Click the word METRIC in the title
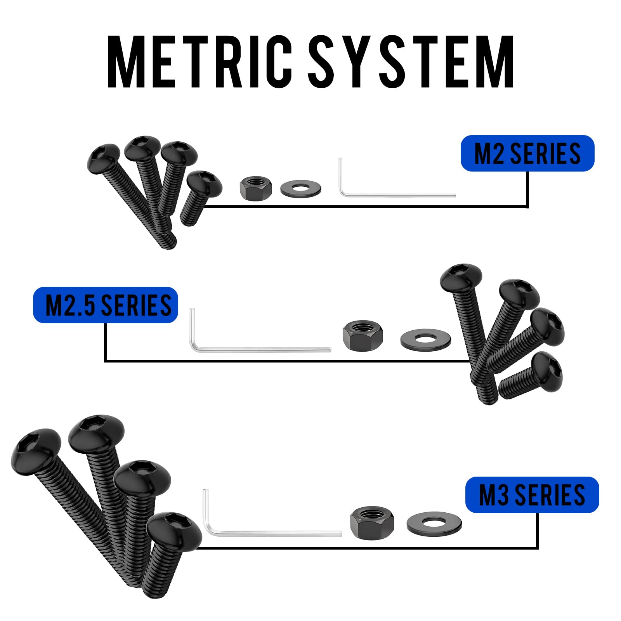pos(199,62)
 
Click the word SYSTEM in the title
pos(411,62)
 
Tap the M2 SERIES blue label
pos(527,153)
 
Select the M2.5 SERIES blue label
pos(106,305)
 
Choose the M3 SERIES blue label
pos(532,495)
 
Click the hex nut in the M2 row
pos(256,188)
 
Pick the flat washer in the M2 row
pos(300,189)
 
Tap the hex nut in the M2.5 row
pos(363,336)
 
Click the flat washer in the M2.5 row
pos(425,340)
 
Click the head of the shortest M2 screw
pos(205,183)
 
